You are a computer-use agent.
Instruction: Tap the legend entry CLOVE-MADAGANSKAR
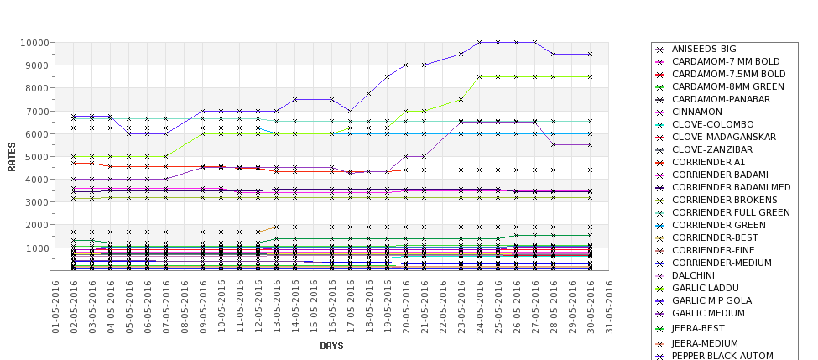click(722, 137)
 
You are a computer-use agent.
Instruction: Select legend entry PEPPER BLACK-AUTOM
click(722, 356)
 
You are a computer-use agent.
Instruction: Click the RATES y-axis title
click(12, 156)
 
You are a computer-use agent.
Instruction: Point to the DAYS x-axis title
click(332, 346)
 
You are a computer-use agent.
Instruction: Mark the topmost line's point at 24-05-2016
click(480, 42)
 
